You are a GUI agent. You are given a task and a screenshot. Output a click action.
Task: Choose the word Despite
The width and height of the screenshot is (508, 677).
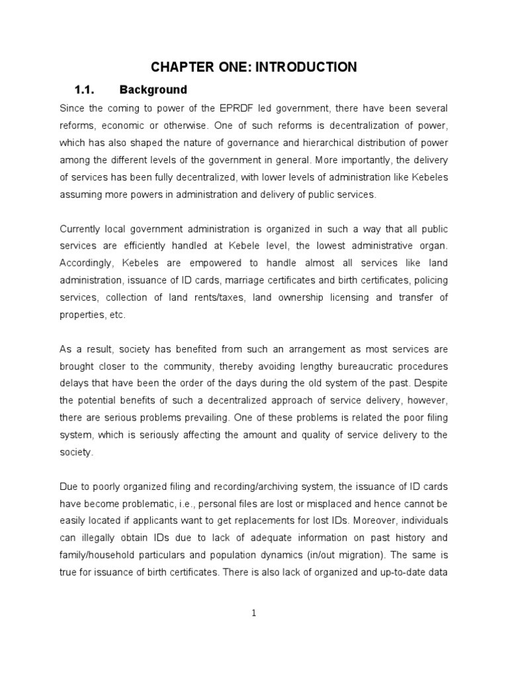[x=431, y=383]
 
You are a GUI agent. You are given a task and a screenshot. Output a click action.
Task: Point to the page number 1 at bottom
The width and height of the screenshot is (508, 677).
[x=254, y=613]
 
